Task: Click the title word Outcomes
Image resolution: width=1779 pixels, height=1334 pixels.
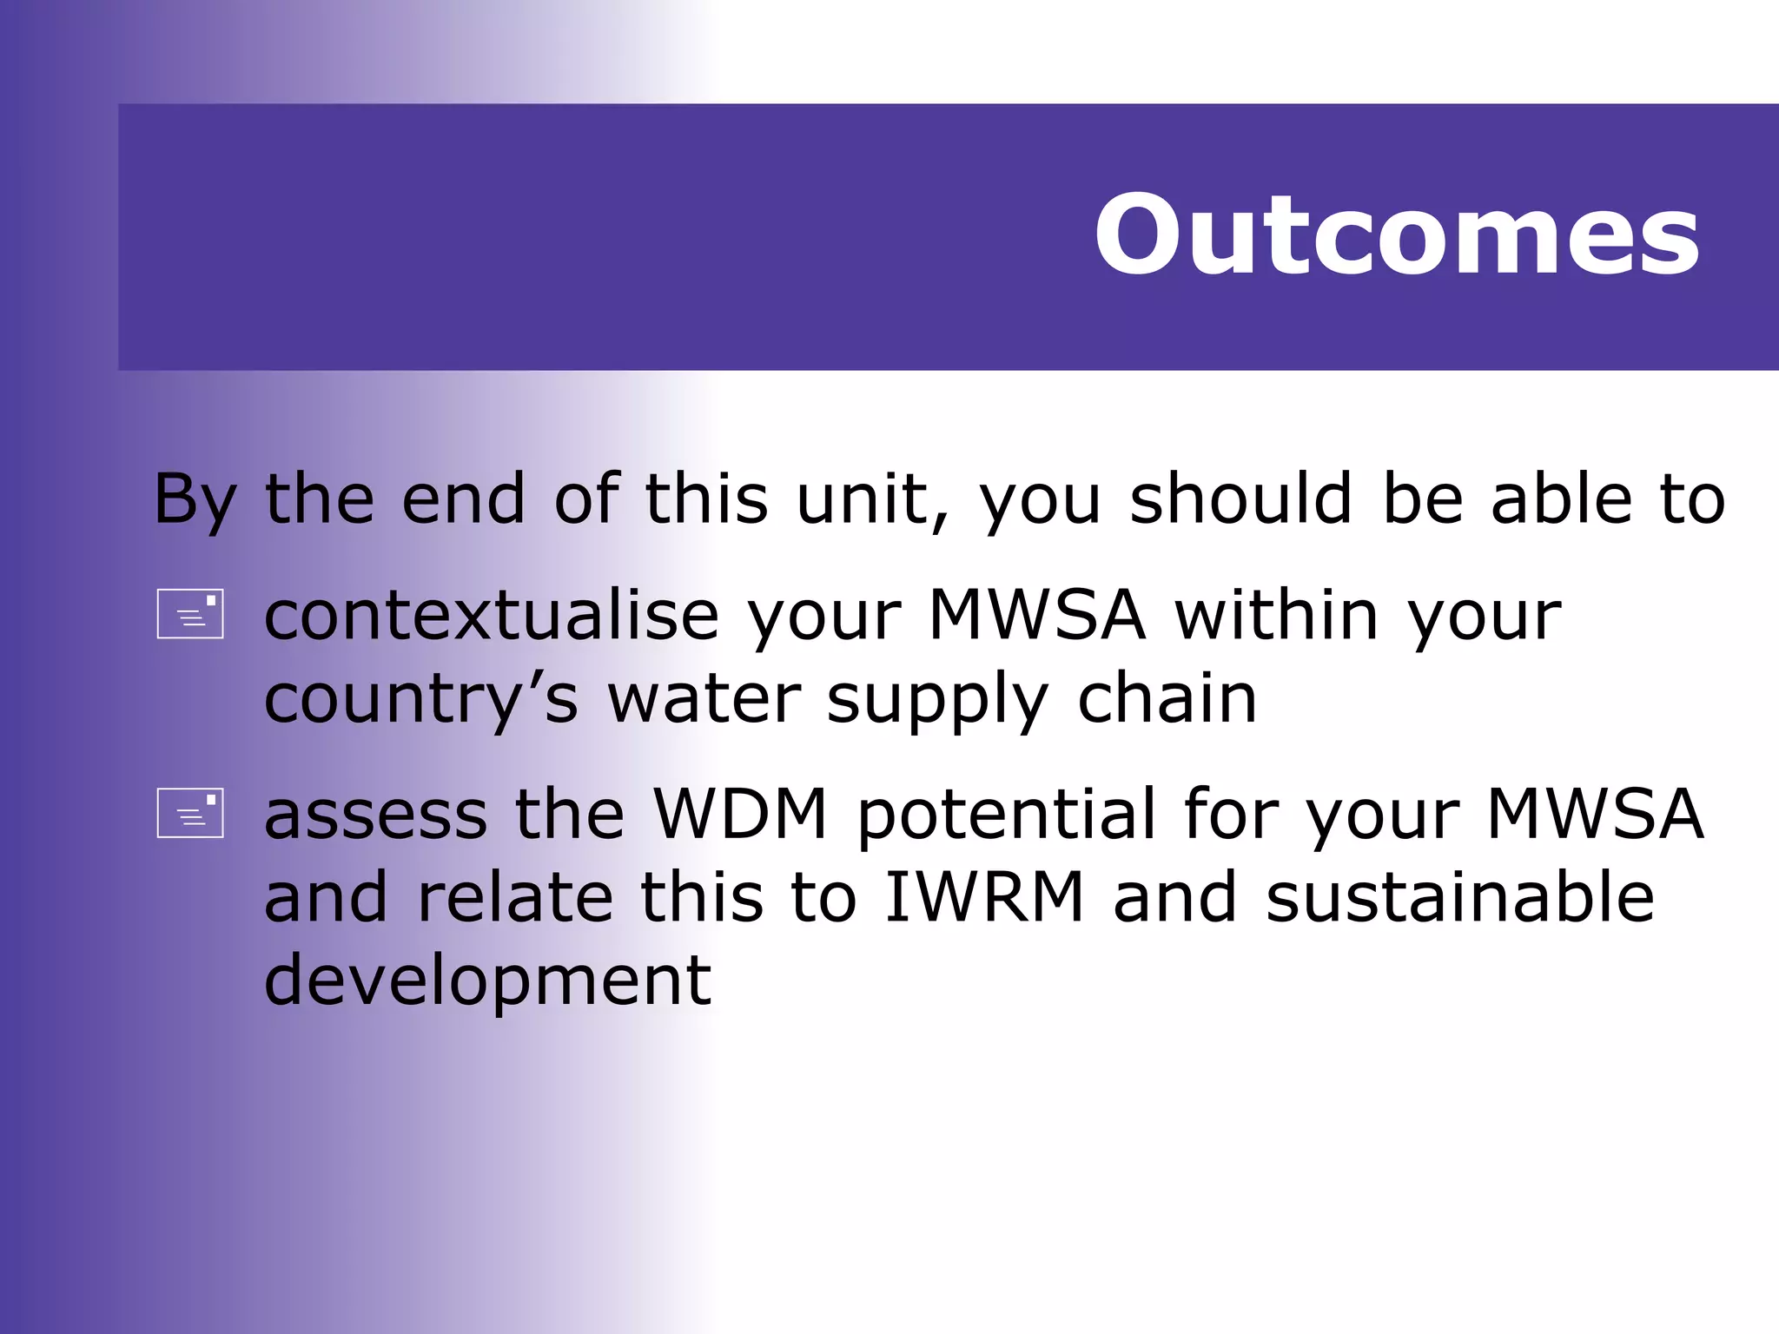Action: coord(1396,235)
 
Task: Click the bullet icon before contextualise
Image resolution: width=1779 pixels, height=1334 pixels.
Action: coord(190,614)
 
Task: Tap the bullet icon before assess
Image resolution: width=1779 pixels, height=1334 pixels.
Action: coord(190,813)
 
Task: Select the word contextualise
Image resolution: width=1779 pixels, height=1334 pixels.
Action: coord(492,616)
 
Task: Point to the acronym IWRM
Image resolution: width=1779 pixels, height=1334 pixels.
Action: coord(984,897)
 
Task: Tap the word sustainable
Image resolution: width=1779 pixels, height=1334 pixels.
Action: coord(1459,897)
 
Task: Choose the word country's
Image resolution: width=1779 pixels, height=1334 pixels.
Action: coord(420,700)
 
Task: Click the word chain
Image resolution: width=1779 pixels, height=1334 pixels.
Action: coord(1167,698)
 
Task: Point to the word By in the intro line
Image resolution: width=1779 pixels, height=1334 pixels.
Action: coord(195,500)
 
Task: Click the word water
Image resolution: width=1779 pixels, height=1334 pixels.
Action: coord(704,700)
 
